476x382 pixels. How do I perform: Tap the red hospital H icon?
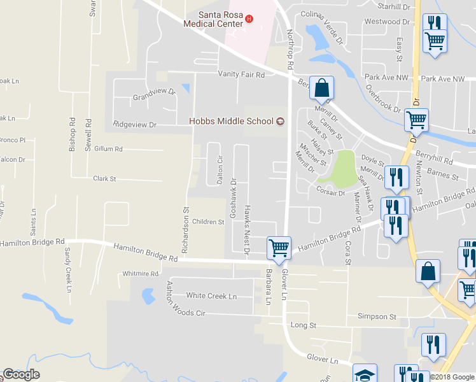point(249,19)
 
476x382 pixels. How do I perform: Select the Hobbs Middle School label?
point(231,122)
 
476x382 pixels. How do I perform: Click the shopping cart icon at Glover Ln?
point(279,247)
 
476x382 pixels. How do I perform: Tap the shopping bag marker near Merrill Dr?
point(322,88)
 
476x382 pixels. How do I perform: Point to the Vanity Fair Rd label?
point(241,74)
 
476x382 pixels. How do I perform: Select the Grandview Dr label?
point(153,94)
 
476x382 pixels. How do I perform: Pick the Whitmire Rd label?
point(141,274)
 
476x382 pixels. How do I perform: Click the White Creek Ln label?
point(211,296)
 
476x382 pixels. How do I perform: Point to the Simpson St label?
point(377,316)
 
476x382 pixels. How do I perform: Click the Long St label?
point(303,325)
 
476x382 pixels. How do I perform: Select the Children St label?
point(208,222)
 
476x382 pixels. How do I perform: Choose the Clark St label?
point(104,180)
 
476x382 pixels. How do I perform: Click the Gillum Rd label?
point(108,149)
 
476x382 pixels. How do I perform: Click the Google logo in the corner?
point(21,374)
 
